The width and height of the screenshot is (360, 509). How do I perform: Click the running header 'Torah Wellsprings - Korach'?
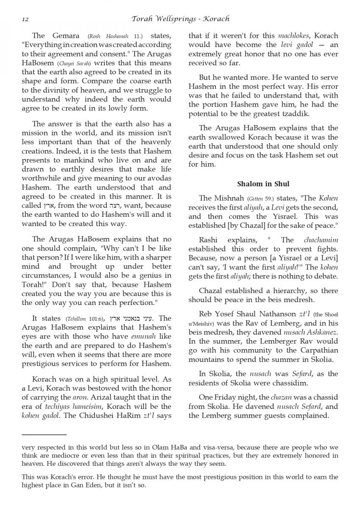pos(181,19)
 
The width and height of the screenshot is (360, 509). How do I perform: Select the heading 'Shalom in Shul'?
pos(263,184)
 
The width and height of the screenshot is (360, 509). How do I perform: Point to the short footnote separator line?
pos(44,434)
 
